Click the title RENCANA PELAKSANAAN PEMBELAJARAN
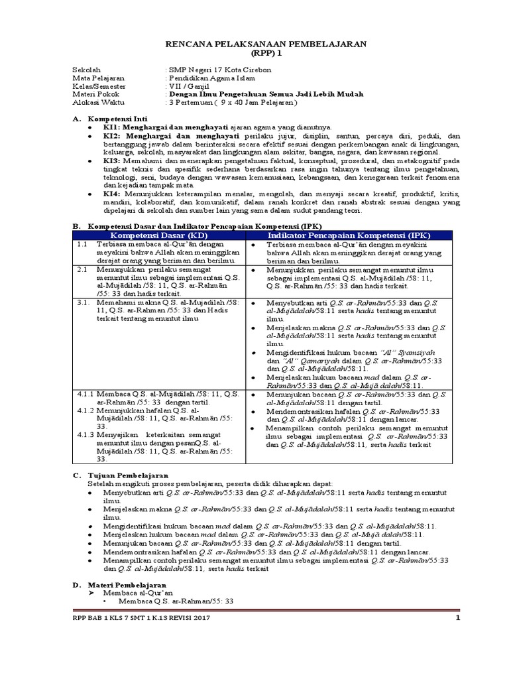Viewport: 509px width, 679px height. point(265,43)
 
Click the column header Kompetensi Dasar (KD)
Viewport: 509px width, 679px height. point(158,236)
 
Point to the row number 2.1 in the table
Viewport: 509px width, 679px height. point(82,271)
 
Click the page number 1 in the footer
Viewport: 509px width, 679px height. point(457,619)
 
